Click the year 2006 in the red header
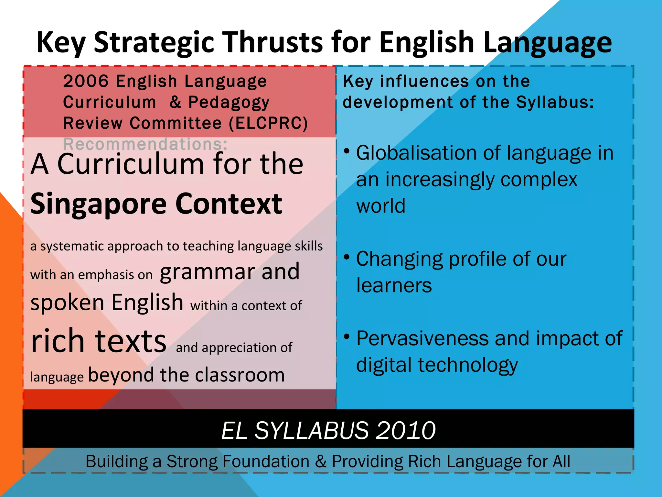tap(86, 81)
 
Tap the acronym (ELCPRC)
tap(268, 123)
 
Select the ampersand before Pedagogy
tap(175, 102)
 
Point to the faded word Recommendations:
tap(145, 144)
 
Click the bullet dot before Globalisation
tap(347, 151)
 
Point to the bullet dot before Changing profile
tap(347, 257)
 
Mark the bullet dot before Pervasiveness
tap(347, 337)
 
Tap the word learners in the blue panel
tap(394, 285)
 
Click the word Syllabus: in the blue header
tap(555, 102)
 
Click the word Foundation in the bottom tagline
tap(238, 461)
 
